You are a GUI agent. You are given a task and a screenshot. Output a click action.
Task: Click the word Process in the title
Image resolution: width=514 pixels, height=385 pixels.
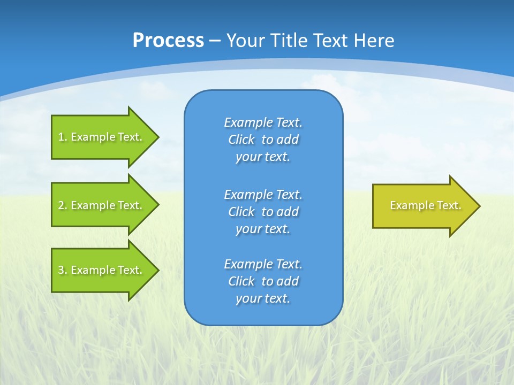tap(168, 41)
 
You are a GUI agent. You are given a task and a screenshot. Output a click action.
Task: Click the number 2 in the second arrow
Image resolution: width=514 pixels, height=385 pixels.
tap(61, 205)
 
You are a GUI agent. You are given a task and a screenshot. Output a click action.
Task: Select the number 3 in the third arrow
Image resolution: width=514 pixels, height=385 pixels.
tap(61, 270)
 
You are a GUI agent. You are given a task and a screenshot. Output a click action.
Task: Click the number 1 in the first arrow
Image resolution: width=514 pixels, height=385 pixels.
tap(61, 137)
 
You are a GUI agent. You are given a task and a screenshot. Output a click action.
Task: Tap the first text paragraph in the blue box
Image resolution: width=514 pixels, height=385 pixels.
tap(263, 140)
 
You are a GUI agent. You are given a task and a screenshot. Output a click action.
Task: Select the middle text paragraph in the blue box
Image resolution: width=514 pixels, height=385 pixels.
tap(263, 212)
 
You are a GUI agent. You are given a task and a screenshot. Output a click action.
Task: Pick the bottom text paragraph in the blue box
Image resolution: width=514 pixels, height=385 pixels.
tap(263, 281)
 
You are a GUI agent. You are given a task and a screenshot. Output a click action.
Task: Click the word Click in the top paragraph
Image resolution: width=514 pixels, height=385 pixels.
tap(241, 140)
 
